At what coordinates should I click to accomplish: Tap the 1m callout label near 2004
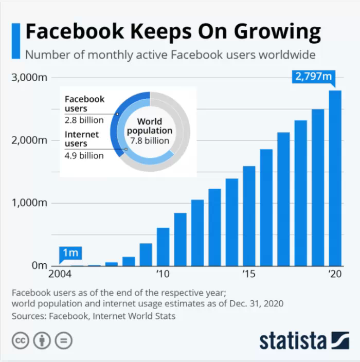point(70,252)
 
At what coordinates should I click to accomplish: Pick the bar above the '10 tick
point(163,246)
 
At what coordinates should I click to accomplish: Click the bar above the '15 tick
point(249,215)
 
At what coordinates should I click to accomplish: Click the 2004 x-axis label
point(60,274)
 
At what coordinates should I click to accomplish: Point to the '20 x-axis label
point(335,274)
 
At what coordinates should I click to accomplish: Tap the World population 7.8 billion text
point(149,131)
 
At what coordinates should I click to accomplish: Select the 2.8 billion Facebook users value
point(84,120)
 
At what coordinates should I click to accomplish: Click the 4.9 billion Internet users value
point(84,155)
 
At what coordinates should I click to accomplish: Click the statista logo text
point(293,340)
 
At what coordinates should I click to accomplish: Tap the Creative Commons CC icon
point(21,340)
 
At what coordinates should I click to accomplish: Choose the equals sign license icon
point(63,340)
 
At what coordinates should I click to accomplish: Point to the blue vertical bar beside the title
point(17,41)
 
